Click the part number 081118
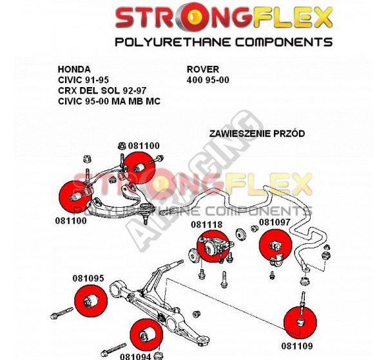click(x=206, y=225)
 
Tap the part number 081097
click(x=275, y=222)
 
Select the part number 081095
click(x=88, y=278)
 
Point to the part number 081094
click(x=135, y=356)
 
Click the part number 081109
click(x=297, y=346)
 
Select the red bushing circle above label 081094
click(x=146, y=335)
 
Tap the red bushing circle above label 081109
click(x=300, y=322)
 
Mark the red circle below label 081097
click(x=276, y=245)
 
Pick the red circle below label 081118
click(x=213, y=246)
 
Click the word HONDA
click(x=74, y=70)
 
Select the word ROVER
click(x=203, y=70)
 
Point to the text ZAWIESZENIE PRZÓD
click(x=257, y=134)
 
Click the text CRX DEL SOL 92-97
click(x=102, y=91)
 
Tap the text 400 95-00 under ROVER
click(x=207, y=80)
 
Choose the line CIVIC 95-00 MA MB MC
click(x=109, y=101)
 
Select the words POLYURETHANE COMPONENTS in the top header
click(x=224, y=42)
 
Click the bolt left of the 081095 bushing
click(x=62, y=313)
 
